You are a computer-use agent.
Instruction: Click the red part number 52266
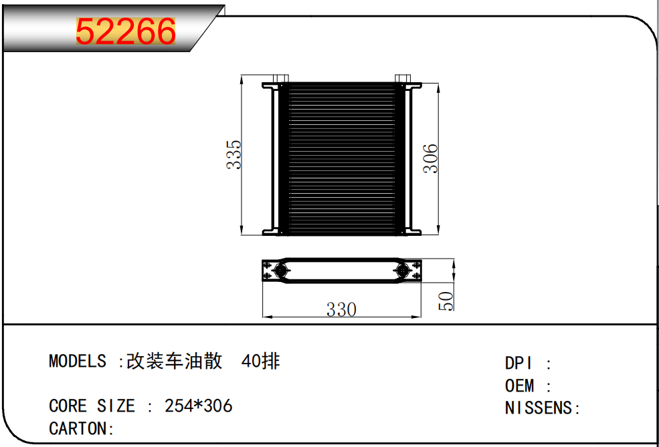(126, 32)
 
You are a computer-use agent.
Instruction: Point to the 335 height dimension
(233, 154)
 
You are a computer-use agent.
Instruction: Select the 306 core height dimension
(431, 158)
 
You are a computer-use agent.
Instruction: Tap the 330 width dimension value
(341, 309)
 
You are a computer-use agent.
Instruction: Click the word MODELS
(77, 361)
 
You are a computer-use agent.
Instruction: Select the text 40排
(260, 361)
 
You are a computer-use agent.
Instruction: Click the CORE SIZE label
(92, 406)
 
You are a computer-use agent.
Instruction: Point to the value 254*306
(199, 406)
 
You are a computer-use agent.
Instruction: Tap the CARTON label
(78, 428)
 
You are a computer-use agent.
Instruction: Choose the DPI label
(519, 363)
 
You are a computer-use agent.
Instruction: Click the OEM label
(520, 386)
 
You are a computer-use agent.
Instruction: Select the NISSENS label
(539, 408)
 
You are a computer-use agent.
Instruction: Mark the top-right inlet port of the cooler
(402, 79)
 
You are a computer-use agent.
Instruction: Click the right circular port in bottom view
(403, 271)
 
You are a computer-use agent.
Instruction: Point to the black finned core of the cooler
(341, 158)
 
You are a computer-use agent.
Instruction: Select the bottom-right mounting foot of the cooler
(413, 232)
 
